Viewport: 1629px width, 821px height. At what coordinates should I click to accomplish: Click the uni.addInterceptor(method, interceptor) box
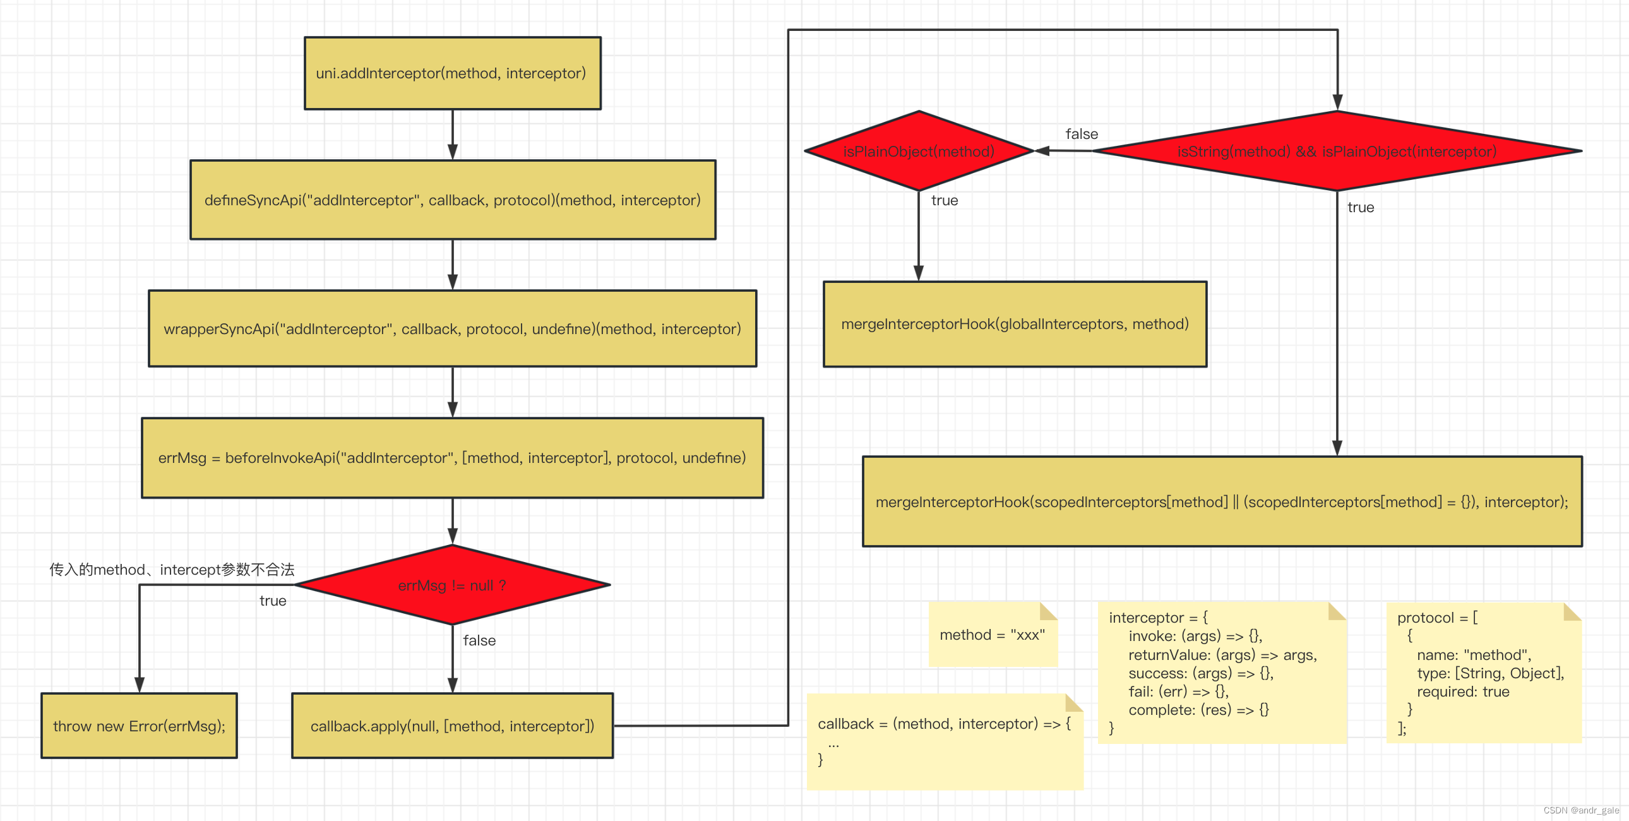pos(452,73)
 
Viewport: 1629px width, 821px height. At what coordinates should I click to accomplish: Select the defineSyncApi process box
pos(452,200)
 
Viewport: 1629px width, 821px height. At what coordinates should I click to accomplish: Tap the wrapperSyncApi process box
pos(452,328)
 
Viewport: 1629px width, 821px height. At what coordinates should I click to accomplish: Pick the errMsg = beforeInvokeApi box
pos(452,457)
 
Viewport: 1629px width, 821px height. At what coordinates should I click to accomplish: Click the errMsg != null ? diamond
pos(452,585)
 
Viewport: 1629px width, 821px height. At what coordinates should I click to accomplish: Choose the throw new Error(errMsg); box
pos(139,726)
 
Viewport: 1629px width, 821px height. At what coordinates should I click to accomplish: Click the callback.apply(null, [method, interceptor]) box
pos(452,726)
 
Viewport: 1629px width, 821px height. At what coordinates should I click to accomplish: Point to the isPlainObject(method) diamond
pos(918,151)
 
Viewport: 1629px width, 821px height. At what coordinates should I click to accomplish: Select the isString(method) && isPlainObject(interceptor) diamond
pos(1337,151)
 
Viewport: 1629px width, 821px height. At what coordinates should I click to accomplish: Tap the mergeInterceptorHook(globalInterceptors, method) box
pos(1014,324)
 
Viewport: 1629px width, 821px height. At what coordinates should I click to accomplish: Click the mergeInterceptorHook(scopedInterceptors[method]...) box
pos(1222,501)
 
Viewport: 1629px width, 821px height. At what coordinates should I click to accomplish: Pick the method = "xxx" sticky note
pos(992,635)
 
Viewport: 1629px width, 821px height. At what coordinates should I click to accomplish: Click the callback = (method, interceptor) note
pos(944,741)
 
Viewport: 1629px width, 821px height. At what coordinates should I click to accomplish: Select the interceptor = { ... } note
pos(1221,672)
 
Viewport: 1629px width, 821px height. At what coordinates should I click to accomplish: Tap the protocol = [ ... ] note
pos(1483,672)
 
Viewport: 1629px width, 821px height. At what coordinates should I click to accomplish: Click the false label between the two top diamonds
pos(1082,134)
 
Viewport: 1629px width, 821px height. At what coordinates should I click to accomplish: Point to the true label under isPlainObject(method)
pos(944,200)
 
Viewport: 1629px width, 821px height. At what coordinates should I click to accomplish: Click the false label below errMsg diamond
pos(479,641)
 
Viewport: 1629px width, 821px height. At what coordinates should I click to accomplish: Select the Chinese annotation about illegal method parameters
pos(172,569)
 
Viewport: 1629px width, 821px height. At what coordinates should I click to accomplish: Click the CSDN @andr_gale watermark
pos(1580,810)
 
